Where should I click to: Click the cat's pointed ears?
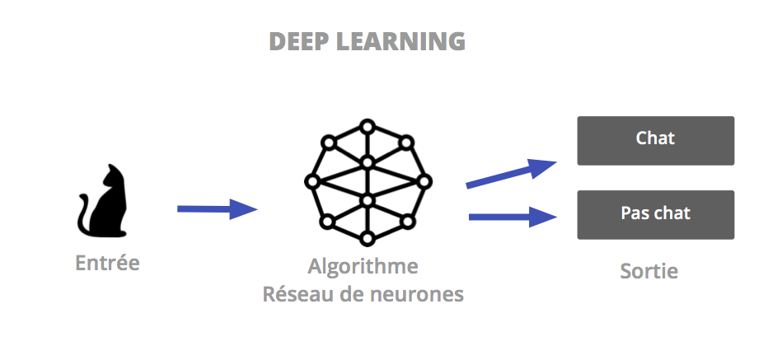coord(114,169)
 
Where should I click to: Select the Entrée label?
coord(107,264)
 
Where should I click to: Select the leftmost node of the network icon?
coord(311,181)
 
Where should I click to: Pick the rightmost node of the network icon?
coord(424,181)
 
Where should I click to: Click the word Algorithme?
coord(363,267)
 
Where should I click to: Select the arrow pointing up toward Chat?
coord(511,174)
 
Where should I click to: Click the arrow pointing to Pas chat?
coord(511,217)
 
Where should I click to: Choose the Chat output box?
coord(655,140)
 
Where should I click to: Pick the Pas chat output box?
coord(655,214)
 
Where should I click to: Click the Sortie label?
coord(649,271)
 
